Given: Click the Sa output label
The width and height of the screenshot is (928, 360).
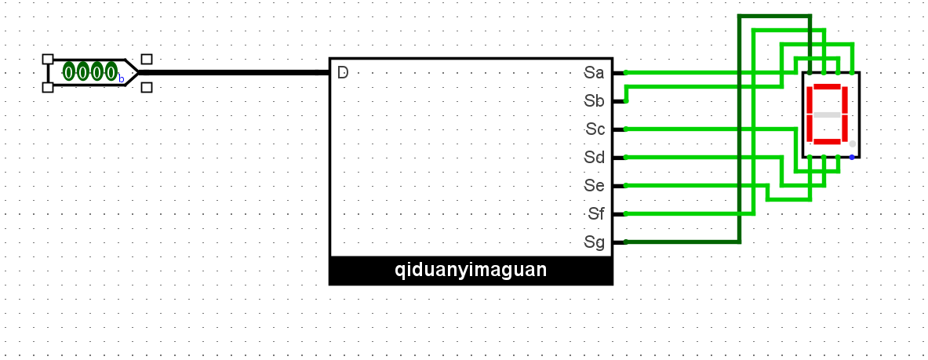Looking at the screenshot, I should [594, 73].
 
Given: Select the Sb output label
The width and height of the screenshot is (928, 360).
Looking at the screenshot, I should [594, 101].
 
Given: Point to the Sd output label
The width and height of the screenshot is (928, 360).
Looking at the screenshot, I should [594, 158].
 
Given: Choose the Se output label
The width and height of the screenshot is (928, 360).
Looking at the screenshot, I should [594, 186].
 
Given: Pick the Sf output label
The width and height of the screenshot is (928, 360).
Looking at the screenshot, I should [595, 214].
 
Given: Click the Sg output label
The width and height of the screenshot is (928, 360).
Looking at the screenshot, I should [594, 242].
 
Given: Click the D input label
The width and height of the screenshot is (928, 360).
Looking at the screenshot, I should [343, 73].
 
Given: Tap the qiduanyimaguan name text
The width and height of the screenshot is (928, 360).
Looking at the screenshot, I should [471, 271].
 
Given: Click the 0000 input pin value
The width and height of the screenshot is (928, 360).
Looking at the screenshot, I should [90, 72].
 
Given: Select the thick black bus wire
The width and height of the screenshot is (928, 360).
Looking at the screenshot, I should [235, 73].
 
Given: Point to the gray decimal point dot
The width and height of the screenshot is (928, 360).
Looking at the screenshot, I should [853, 144].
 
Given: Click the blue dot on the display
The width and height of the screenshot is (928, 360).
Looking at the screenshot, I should [853, 157].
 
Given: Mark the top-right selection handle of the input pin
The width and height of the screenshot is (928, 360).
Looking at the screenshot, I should [147, 59].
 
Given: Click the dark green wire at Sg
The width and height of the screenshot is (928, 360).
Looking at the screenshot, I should [682, 242].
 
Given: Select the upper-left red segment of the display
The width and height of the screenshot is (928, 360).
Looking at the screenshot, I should [810, 100].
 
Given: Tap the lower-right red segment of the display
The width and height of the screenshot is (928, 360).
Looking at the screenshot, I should [846, 128].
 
